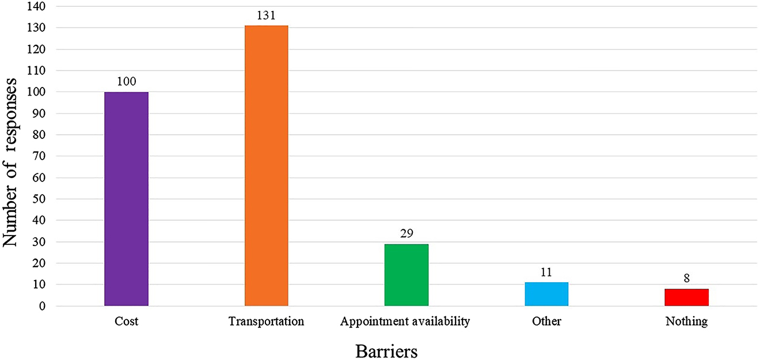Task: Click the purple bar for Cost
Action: [x=126, y=199]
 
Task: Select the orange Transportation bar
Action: [x=266, y=166]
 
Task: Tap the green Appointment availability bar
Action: [x=406, y=275]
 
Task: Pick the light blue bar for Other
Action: [x=546, y=294]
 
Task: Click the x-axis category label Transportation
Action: [x=266, y=321]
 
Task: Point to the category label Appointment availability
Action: [x=405, y=321]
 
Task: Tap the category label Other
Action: [x=546, y=321]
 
